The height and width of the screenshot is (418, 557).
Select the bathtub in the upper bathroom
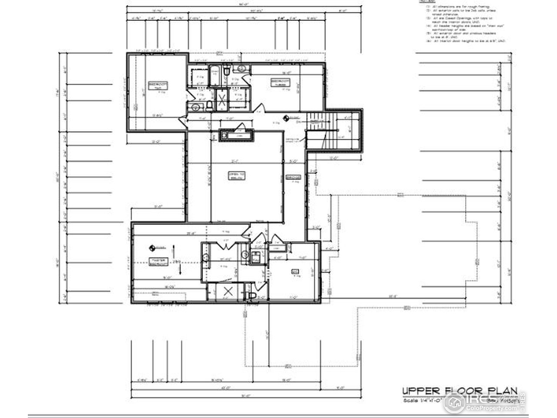click(x=215, y=75)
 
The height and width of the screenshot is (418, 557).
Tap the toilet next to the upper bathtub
click(x=227, y=71)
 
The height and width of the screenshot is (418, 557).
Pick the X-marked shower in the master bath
click(x=227, y=293)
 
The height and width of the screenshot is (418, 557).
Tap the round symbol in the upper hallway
click(x=286, y=118)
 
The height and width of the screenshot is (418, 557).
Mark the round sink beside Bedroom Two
click(x=196, y=106)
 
